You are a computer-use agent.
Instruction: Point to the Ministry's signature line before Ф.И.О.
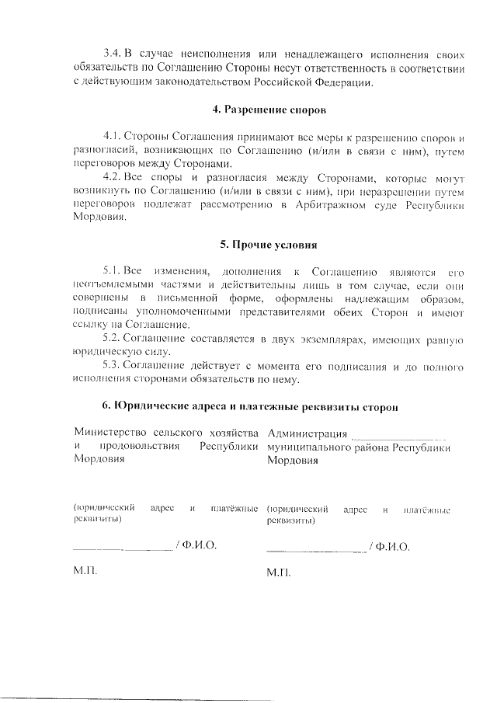(122, 549)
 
